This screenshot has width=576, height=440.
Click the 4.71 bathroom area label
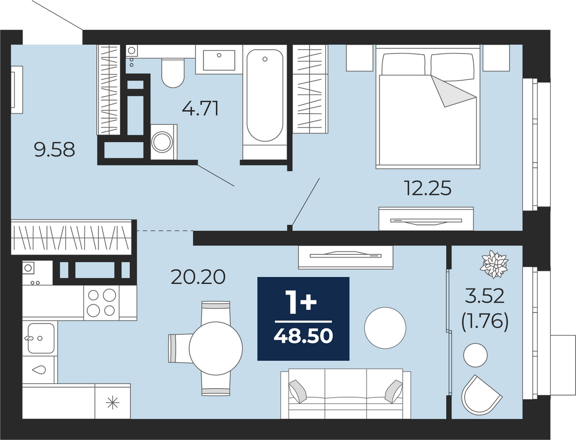(x=200, y=109)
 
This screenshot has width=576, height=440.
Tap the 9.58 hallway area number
(x=55, y=150)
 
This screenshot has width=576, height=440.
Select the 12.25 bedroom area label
(x=428, y=188)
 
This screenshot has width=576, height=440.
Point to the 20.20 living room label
(x=198, y=277)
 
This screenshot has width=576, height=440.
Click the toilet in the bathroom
(x=173, y=73)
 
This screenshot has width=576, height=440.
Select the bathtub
(x=265, y=102)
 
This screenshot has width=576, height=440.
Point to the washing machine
(x=164, y=142)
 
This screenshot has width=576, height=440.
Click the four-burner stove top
(x=102, y=303)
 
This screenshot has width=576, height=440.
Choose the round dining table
(x=216, y=349)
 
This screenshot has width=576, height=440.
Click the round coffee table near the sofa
(x=385, y=328)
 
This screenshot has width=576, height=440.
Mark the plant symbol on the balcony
(x=494, y=264)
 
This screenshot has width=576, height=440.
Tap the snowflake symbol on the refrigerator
(x=113, y=402)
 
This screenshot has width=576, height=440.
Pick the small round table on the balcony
(x=475, y=355)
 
